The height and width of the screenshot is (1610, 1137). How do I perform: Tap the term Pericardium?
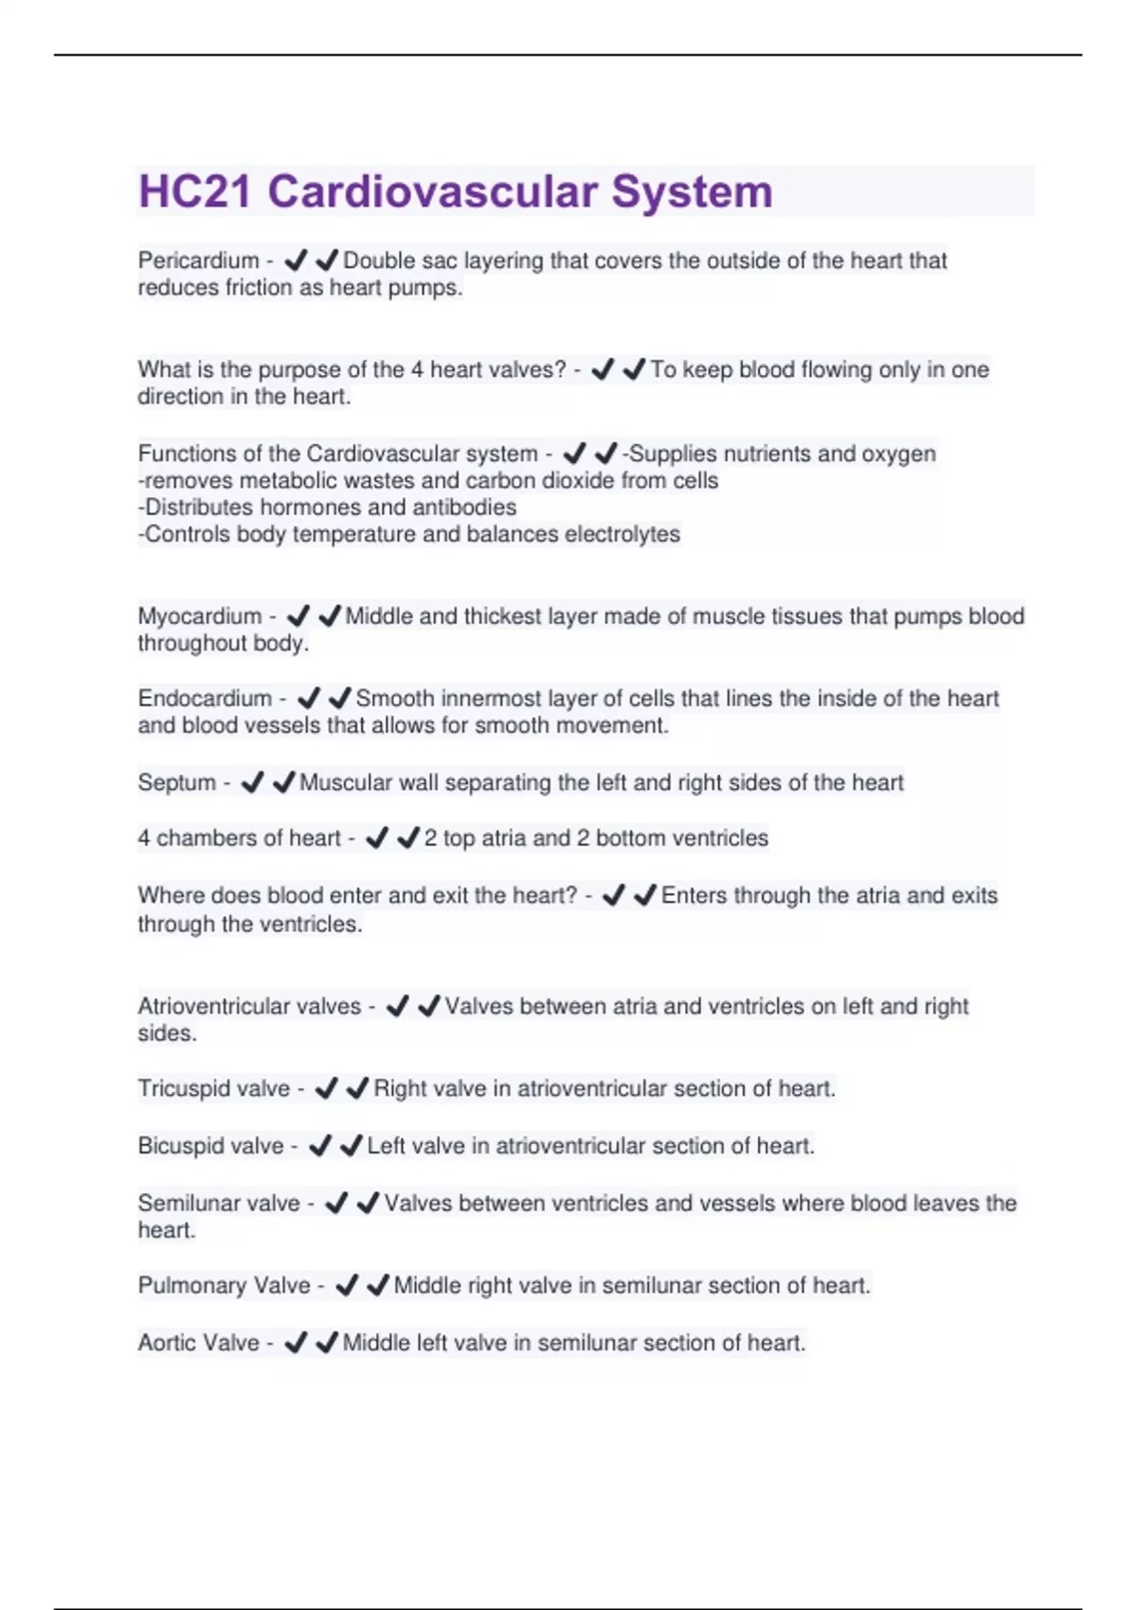point(198,260)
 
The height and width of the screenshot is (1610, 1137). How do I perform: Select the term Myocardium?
point(200,617)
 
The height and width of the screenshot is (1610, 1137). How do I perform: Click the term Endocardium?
point(205,699)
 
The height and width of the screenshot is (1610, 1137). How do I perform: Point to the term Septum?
point(177,782)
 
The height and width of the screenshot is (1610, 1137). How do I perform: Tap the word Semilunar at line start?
point(185,1203)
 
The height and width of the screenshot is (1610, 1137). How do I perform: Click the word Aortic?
point(168,1343)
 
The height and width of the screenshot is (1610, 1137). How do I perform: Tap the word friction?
point(259,288)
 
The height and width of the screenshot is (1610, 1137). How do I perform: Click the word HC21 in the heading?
point(195,191)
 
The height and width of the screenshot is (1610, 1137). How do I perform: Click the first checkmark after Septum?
point(252,782)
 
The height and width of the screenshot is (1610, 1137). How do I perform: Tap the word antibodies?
point(465,508)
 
